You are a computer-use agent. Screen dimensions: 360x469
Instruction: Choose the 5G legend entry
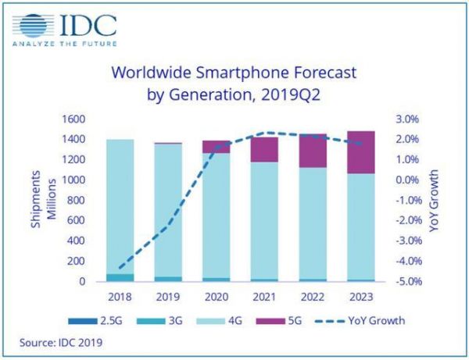[x=281, y=320]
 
